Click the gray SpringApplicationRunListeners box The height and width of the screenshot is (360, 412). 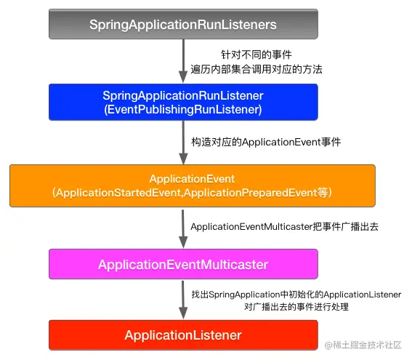(x=183, y=24)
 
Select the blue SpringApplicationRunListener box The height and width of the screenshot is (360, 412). (x=183, y=102)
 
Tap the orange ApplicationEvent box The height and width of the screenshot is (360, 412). (x=193, y=185)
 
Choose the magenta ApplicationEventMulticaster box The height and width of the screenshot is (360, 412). (x=183, y=264)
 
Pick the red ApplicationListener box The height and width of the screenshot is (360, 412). (x=183, y=335)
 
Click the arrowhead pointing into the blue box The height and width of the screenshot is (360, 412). (x=183, y=76)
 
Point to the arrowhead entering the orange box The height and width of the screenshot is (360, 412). (x=183, y=159)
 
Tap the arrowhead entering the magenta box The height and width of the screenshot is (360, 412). (x=183, y=242)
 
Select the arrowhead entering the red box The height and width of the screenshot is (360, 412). (x=183, y=313)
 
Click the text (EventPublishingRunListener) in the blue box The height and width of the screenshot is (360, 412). (x=183, y=110)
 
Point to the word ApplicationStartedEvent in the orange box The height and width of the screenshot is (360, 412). (x=118, y=193)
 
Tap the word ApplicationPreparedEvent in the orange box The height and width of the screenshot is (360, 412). (x=251, y=193)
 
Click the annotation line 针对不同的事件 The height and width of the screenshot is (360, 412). (x=257, y=55)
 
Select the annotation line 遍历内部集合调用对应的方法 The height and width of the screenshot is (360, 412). (x=257, y=69)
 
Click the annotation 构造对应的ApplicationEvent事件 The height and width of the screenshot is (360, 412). (x=266, y=142)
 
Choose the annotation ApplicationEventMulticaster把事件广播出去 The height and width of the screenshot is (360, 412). (x=285, y=227)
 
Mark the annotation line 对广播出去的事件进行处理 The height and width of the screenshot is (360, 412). (x=296, y=307)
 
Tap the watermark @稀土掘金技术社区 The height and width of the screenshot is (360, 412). (x=363, y=345)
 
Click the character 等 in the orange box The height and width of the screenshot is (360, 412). (x=323, y=193)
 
